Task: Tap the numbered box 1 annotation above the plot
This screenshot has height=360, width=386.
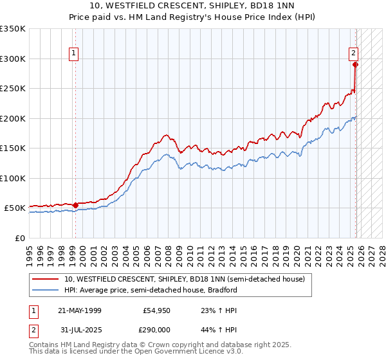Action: coord(75,53)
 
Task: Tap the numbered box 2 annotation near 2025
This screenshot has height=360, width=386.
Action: coord(354,53)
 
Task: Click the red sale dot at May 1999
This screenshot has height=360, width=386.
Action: coord(75,205)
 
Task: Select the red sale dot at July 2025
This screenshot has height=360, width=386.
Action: coord(355,64)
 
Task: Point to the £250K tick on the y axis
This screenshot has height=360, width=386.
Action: coord(12,89)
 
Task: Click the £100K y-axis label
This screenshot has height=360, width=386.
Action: coord(12,178)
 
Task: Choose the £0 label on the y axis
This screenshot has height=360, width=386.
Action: coord(19,238)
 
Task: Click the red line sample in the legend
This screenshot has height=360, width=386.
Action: coord(46,279)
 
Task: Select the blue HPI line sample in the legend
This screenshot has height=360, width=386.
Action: coord(46,290)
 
